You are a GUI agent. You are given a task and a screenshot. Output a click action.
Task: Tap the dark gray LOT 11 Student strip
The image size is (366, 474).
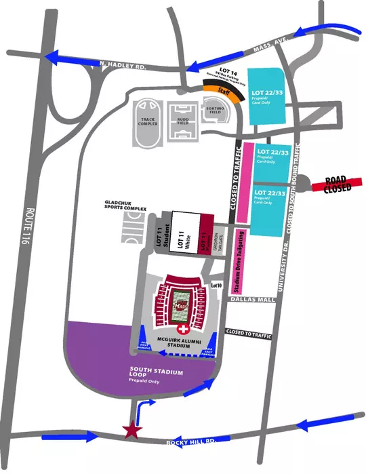click(x=163, y=233)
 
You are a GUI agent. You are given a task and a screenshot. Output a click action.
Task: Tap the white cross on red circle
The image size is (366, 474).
click(x=181, y=328)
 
